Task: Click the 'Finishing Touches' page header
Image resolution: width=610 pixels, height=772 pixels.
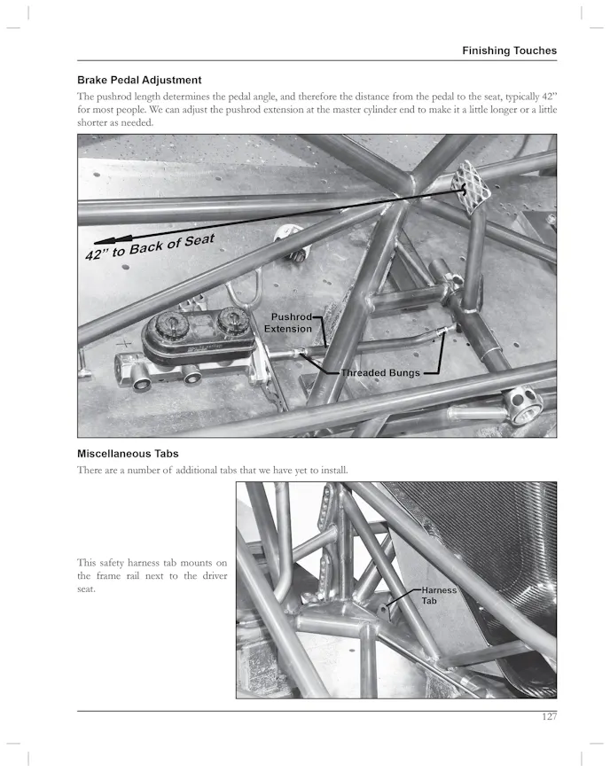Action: coord(509,51)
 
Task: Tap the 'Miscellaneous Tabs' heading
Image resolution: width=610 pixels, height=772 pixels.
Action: coord(128,454)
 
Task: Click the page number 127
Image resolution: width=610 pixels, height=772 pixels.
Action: coord(549,716)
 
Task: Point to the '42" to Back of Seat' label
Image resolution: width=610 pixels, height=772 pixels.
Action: coord(151,246)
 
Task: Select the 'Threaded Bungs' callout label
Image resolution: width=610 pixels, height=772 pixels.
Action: coord(380,373)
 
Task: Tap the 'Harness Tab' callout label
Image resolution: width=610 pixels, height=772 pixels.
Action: coord(438,595)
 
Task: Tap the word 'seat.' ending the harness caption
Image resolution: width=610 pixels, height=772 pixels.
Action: coord(86,589)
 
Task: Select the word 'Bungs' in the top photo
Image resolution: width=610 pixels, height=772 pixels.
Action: coord(402,373)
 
